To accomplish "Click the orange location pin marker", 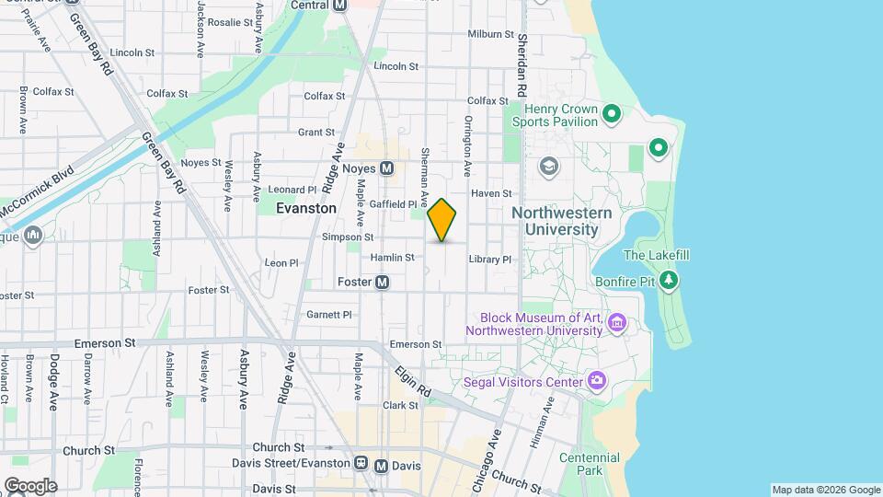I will click(442, 220).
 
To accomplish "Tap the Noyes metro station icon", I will click(387, 168).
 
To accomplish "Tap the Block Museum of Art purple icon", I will click(616, 323).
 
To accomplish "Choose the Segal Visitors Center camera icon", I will click(597, 381).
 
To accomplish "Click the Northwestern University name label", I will click(561, 221).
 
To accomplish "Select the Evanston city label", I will click(306, 209).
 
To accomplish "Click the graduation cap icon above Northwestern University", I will click(549, 167).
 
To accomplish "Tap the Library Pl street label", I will click(488, 260).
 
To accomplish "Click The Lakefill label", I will click(656, 255).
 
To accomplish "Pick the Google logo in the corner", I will click(30, 485).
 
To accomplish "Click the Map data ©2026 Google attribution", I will click(825, 490).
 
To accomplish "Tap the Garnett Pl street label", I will click(329, 315).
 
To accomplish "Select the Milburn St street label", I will click(490, 34).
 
